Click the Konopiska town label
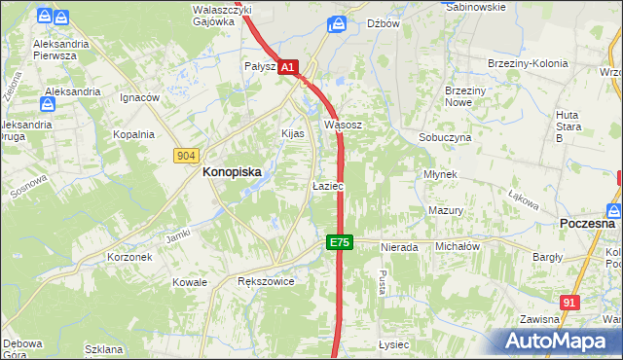(232, 171)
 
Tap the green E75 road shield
(339, 242)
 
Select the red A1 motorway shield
(288, 67)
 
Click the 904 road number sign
(188, 156)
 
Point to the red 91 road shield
(570, 304)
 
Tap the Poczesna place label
(588, 223)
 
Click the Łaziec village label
(326, 185)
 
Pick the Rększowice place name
(266, 280)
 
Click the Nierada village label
(399, 247)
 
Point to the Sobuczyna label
(445, 138)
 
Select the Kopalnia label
(133, 134)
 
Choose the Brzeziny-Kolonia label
(528, 64)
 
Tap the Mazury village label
(445, 210)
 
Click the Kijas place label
(293, 132)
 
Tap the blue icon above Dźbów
(337, 22)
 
